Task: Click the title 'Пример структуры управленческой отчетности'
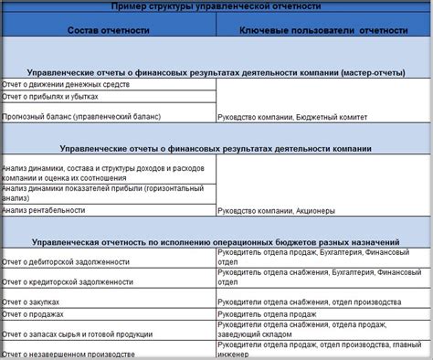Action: tap(217, 6)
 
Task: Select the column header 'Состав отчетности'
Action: tap(108, 30)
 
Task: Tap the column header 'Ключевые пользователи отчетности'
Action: tap(323, 30)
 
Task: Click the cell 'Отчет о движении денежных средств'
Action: tap(66, 84)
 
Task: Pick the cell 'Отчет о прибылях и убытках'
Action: tap(51, 96)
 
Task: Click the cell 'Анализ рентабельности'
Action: tap(45, 210)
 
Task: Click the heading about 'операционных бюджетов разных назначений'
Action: tap(217, 242)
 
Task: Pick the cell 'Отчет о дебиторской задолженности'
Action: tap(66, 261)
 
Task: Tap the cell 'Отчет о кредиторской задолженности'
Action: tap(69, 282)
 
